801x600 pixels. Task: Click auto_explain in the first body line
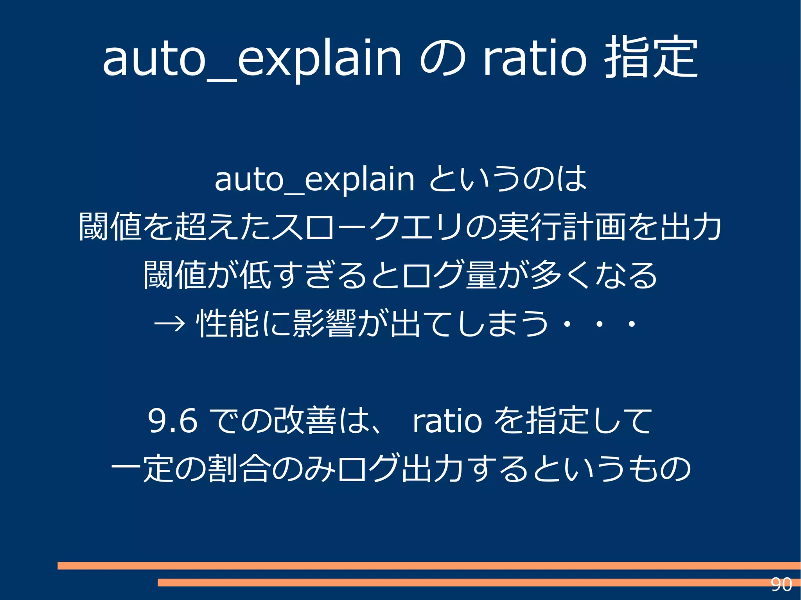[x=314, y=180]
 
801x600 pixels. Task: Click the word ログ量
[x=449, y=275]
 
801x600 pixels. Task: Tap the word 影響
[x=324, y=324]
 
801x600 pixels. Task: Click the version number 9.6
[x=172, y=421]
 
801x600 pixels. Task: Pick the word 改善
[x=305, y=421]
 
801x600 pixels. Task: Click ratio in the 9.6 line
[x=447, y=421]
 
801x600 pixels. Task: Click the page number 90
[x=781, y=585]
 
